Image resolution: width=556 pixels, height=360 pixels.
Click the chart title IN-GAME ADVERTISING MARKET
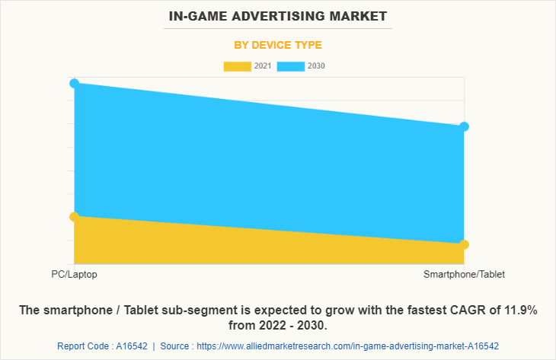[x=277, y=15]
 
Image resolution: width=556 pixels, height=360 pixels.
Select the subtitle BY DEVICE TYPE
[x=277, y=45]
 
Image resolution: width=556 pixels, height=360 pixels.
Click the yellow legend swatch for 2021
[x=237, y=66]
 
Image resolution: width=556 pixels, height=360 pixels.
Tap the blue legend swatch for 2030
[x=291, y=66]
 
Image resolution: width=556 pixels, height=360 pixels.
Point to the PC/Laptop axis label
[x=74, y=274]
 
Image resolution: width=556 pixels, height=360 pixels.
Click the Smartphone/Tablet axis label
[x=464, y=274]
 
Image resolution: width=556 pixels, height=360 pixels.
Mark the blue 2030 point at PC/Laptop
[x=74, y=83]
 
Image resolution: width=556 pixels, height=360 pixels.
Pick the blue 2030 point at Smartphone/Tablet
[x=465, y=126]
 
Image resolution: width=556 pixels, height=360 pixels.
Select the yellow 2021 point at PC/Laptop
[x=74, y=217]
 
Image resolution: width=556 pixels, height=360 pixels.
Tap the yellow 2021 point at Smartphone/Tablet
[x=465, y=244]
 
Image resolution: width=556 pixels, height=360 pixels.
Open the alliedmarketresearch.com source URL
[x=347, y=346]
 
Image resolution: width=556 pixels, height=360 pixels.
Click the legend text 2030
[x=316, y=66]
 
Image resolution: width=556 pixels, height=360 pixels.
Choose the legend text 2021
[x=263, y=66]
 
